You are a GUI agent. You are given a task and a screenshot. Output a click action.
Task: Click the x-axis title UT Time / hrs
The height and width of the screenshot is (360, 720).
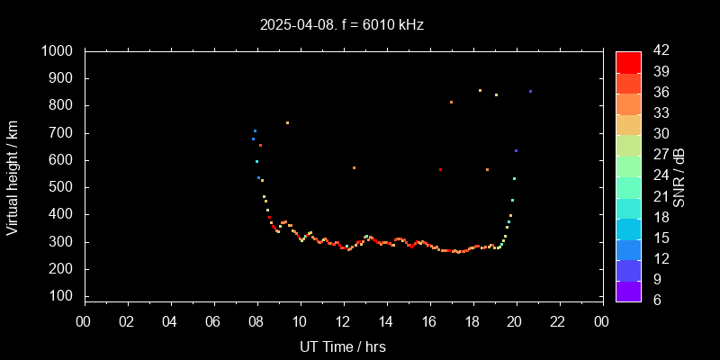[x=343, y=346]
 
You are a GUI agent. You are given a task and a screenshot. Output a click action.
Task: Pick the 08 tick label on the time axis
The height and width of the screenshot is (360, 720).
[x=256, y=320]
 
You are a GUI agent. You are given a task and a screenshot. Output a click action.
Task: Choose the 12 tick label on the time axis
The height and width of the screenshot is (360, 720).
[x=343, y=320]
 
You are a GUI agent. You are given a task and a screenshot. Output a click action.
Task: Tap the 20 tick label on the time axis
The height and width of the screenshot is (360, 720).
[x=516, y=320]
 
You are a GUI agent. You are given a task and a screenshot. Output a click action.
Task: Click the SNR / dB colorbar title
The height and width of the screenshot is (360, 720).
[x=679, y=175]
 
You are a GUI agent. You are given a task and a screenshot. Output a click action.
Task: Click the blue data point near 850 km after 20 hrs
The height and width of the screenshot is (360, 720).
[x=530, y=91]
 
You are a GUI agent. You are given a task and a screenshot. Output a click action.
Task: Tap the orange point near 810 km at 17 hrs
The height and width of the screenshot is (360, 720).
[x=451, y=102]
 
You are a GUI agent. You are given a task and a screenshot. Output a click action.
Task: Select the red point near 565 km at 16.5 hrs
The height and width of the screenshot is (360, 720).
[x=440, y=169]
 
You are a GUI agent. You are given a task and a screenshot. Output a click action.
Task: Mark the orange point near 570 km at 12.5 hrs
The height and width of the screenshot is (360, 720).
[x=354, y=167]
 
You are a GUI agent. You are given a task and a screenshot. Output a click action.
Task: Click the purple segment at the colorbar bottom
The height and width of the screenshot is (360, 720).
[x=628, y=291]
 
